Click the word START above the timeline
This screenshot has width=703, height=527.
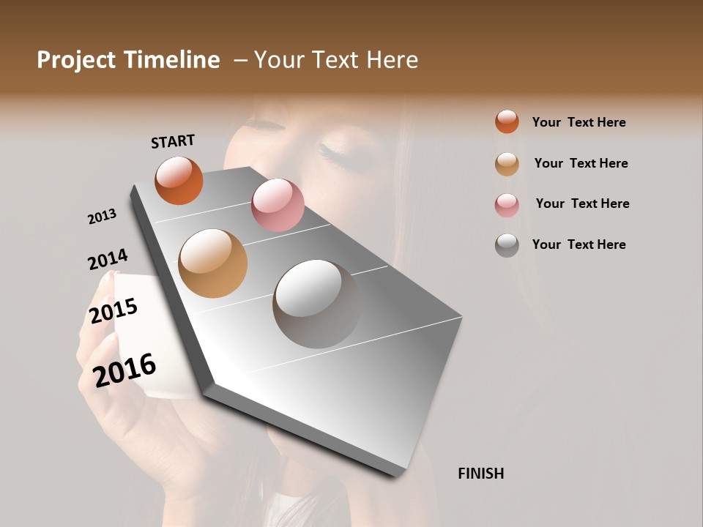click(173, 141)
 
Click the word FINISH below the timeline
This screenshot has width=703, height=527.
click(480, 474)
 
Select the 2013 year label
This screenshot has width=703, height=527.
click(102, 217)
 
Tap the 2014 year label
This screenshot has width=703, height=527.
click(108, 260)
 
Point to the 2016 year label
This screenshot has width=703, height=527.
click(124, 370)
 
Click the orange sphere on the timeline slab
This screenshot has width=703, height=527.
click(179, 181)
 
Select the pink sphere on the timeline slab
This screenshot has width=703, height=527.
click(278, 205)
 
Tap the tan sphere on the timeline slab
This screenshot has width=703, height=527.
click(213, 263)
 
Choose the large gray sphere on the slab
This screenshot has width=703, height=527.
click(317, 304)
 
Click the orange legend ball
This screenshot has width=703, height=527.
click(507, 122)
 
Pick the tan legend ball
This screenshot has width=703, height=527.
click(507, 164)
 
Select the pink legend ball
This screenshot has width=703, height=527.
click(507, 205)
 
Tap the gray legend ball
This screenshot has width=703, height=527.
click(507, 245)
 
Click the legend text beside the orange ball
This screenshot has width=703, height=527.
click(579, 122)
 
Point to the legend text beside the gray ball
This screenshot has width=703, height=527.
click(579, 244)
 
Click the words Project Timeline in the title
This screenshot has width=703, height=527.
click(128, 60)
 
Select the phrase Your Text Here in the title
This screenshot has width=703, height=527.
click(336, 60)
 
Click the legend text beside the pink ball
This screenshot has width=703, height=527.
click(582, 203)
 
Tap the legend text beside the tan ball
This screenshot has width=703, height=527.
click(581, 163)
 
